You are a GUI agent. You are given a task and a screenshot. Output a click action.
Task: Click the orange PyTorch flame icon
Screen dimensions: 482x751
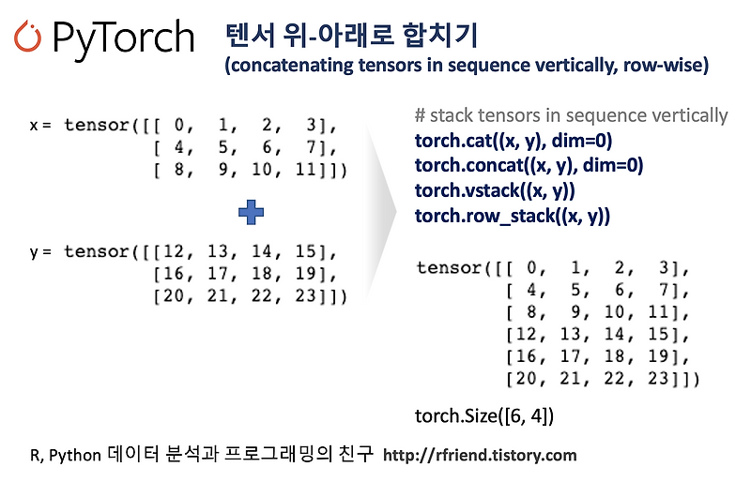pyautogui.click(x=29, y=36)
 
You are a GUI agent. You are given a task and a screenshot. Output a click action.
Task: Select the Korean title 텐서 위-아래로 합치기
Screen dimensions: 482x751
pyautogui.click(x=352, y=35)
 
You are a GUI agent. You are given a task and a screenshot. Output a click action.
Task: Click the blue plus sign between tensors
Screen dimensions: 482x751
pyautogui.click(x=251, y=213)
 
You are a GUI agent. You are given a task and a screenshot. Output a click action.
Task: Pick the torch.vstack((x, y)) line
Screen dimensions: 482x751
pyautogui.click(x=495, y=190)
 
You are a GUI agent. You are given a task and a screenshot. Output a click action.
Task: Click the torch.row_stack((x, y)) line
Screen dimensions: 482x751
pyautogui.click(x=513, y=215)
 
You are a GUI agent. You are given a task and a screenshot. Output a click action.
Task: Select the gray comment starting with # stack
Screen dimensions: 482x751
pyautogui.click(x=571, y=116)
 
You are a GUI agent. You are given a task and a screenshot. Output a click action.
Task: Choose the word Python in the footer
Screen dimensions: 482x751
pyautogui.click(x=73, y=457)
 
